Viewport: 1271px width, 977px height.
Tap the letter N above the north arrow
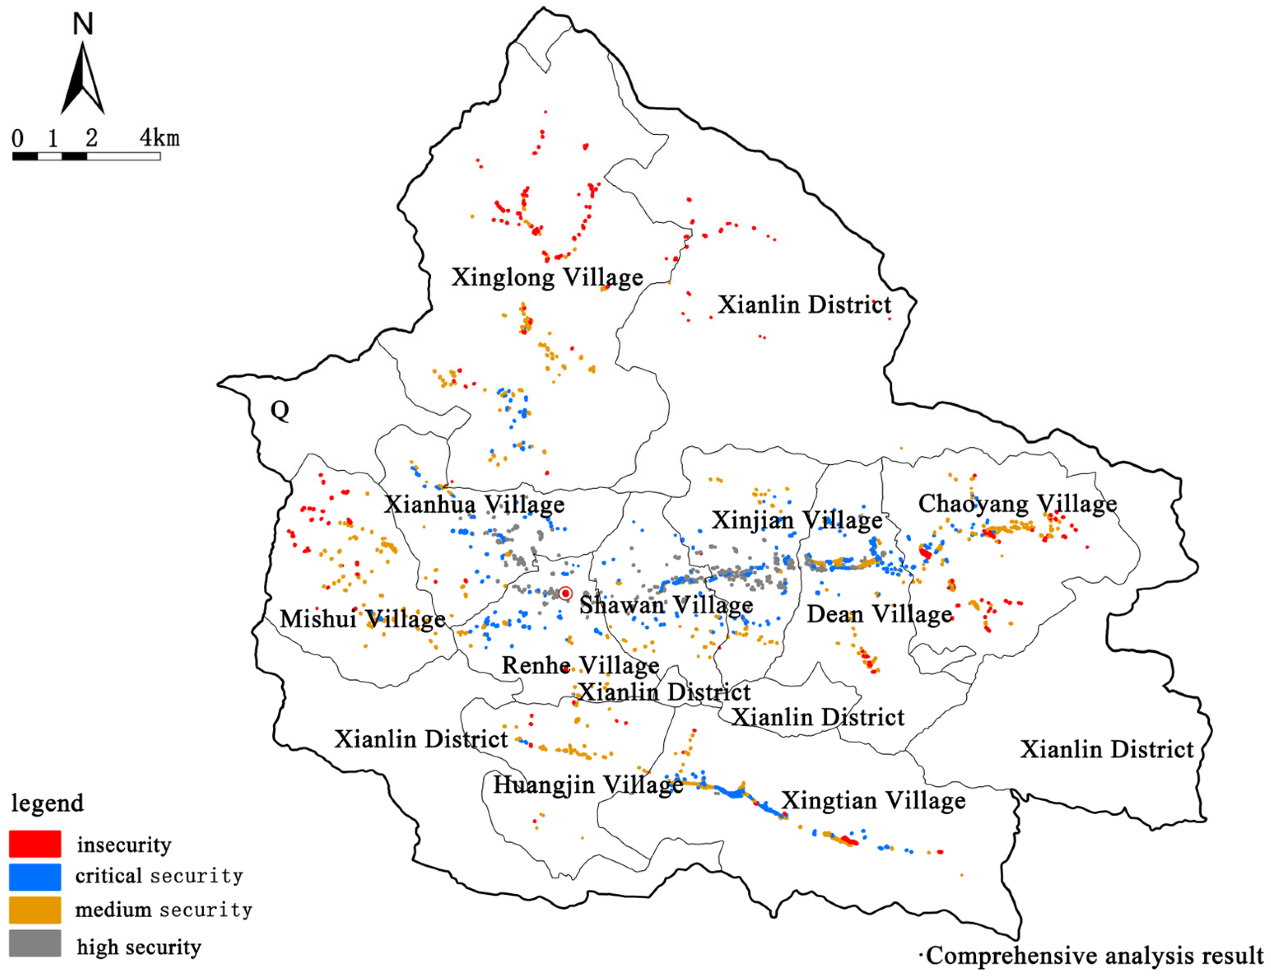(83, 25)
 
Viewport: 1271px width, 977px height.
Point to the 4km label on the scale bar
(159, 138)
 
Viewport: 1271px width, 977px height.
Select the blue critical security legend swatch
(35, 877)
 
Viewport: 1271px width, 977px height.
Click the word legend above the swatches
(48, 803)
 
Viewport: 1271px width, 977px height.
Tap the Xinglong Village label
(547, 277)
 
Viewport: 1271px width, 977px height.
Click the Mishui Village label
(363, 619)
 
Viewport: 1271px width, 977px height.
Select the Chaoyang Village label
(1017, 504)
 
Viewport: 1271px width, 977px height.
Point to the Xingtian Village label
(873, 800)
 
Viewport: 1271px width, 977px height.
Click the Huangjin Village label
(588, 784)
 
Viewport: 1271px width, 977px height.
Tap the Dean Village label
(879, 614)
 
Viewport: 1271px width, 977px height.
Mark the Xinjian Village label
(797, 520)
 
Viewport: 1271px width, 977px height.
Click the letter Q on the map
(279, 410)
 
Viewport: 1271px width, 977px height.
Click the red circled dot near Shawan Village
(566, 593)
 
